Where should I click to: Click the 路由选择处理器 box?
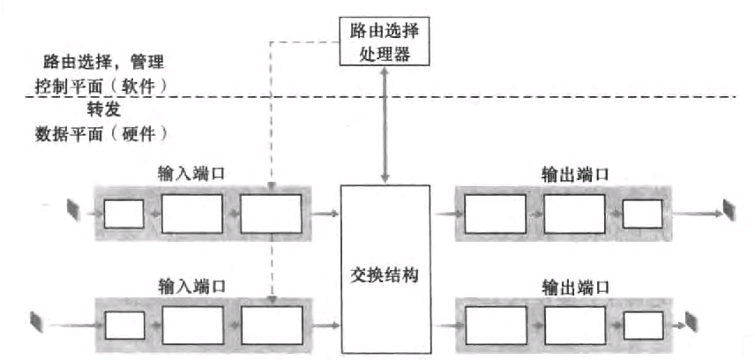pos(385,41)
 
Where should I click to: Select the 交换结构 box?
pos(385,268)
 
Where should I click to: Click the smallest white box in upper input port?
pos(123,214)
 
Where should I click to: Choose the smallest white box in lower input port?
pos(123,326)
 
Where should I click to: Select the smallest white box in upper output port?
pos(642,214)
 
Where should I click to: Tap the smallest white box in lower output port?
pos(642,326)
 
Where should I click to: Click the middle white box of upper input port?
pos(192,214)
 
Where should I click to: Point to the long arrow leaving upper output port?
pos(697,214)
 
